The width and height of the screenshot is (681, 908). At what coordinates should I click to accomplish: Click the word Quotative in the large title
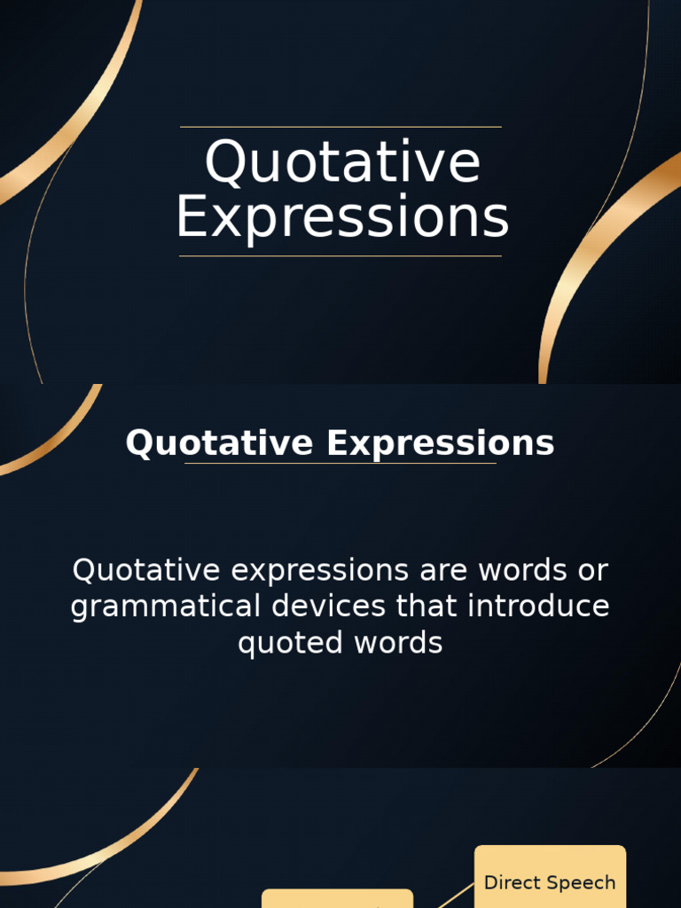[342, 163]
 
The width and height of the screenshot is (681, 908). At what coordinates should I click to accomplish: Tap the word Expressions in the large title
[342, 218]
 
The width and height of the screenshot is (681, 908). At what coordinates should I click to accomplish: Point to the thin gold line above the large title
[340, 127]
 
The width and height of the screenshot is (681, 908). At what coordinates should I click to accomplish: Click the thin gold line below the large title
[340, 256]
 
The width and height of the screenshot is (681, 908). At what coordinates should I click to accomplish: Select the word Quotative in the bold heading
[219, 443]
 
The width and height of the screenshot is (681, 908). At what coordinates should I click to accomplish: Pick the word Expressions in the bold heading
[440, 443]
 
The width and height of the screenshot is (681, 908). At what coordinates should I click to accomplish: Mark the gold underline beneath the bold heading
[340, 463]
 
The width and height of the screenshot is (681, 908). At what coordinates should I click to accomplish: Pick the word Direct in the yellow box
[512, 882]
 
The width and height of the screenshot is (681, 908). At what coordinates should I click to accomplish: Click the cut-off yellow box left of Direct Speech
[337, 899]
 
